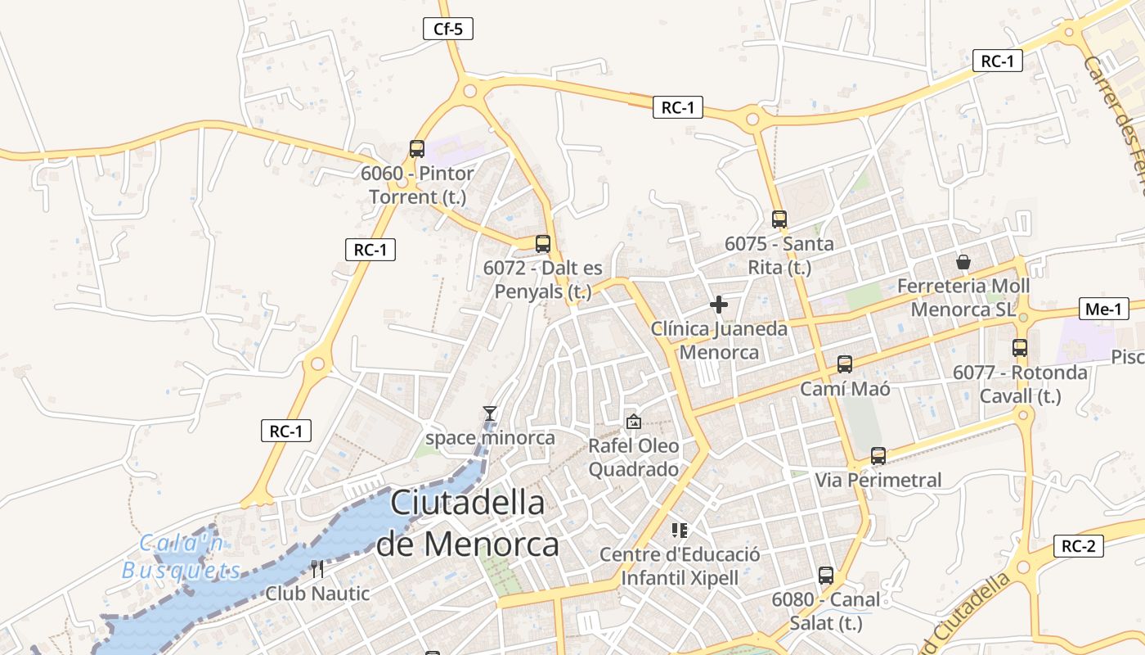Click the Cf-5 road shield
pyautogui.click(x=448, y=29)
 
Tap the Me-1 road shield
pyautogui.click(x=1103, y=309)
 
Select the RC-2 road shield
pyautogui.click(x=1079, y=546)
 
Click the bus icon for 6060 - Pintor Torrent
pyautogui.click(x=417, y=149)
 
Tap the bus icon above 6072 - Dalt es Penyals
pyautogui.click(x=543, y=243)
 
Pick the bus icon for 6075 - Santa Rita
pyautogui.click(x=779, y=219)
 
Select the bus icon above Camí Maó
pyautogui.click(x=845, y=364)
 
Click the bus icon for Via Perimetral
pyautogui.click(x=878, y=456)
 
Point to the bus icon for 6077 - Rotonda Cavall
pyautogui.click(x=1020, y=348)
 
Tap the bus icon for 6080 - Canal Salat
pyautogui.click(x=826, y=576)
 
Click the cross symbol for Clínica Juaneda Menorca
pyautogui.click(x=719, y=305)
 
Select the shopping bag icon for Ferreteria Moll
pyautogui.click(x=963, y=262)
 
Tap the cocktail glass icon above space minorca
pyautogui.click(x=490, y=413)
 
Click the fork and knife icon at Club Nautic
pyautogui.click(x=317, y=569)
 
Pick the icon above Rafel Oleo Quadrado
pyautogui.click(x=633, y=422)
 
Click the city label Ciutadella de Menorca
pyautogui.click(x=468, y=523)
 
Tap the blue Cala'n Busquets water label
pyautogui.click(x=182, y=557)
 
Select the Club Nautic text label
pyautogui.click(x=317, y=594)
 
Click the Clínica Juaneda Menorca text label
pyautogui.click(x=720, y=341)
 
